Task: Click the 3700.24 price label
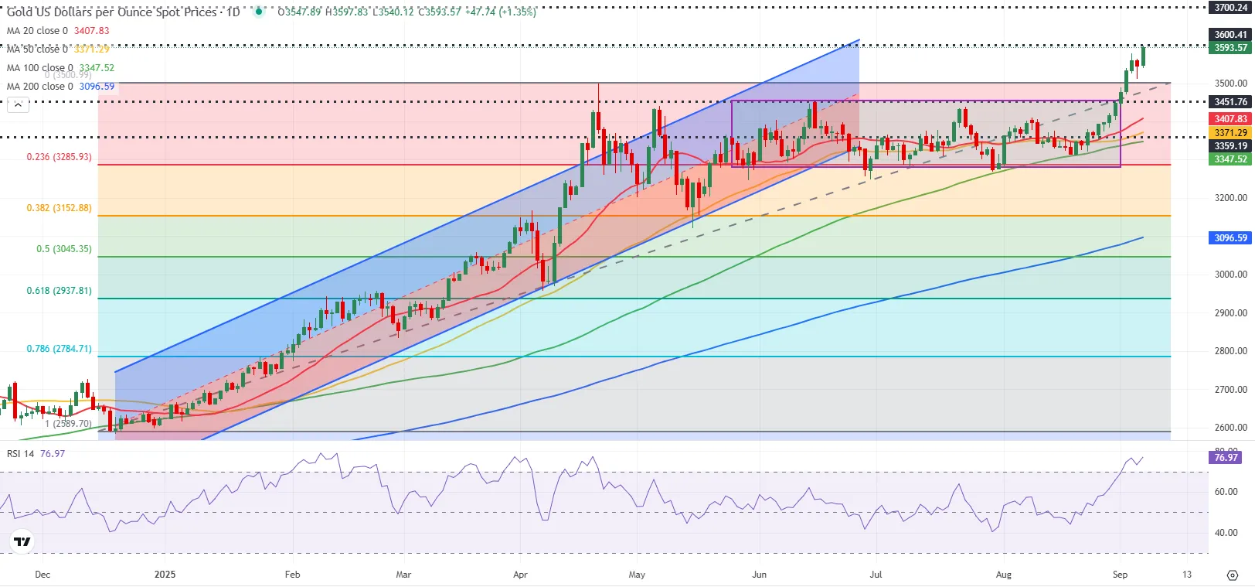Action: (x=1230, y=8)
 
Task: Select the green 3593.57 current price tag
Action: (x=1230, y=48)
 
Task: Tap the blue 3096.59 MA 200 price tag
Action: (x=1230, y=238)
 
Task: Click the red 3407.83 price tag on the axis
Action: (x=1230, y=119)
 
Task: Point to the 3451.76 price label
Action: (x=1230, y=102)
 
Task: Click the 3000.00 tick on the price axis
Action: (x=1230, y=275)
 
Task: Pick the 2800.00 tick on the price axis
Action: (x=1230, y=351)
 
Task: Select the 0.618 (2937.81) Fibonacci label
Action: (x=59, y=291)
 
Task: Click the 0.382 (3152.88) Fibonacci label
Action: (x=59, y=208)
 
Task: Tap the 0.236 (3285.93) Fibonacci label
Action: (x=59, y=157)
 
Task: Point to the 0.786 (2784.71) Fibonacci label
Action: (x=59, y=349)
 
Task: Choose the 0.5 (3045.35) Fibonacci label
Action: (x=63, y=249)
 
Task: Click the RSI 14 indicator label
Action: (x=21, y=454)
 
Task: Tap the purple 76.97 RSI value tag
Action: (x=1226, y=457)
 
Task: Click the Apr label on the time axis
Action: (x=520, y=575)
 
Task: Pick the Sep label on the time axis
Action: (x=1120, y=575)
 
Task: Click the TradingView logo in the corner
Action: (x=22, y=541)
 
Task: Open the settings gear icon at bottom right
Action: (x=1233, y=575)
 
